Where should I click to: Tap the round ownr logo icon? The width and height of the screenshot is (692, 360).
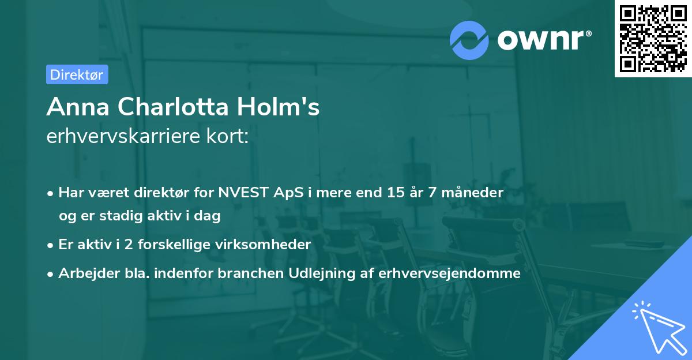point(469,40)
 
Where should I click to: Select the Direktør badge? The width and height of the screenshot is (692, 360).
point(77,74)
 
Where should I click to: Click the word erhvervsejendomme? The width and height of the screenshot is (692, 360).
point(450,273)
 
